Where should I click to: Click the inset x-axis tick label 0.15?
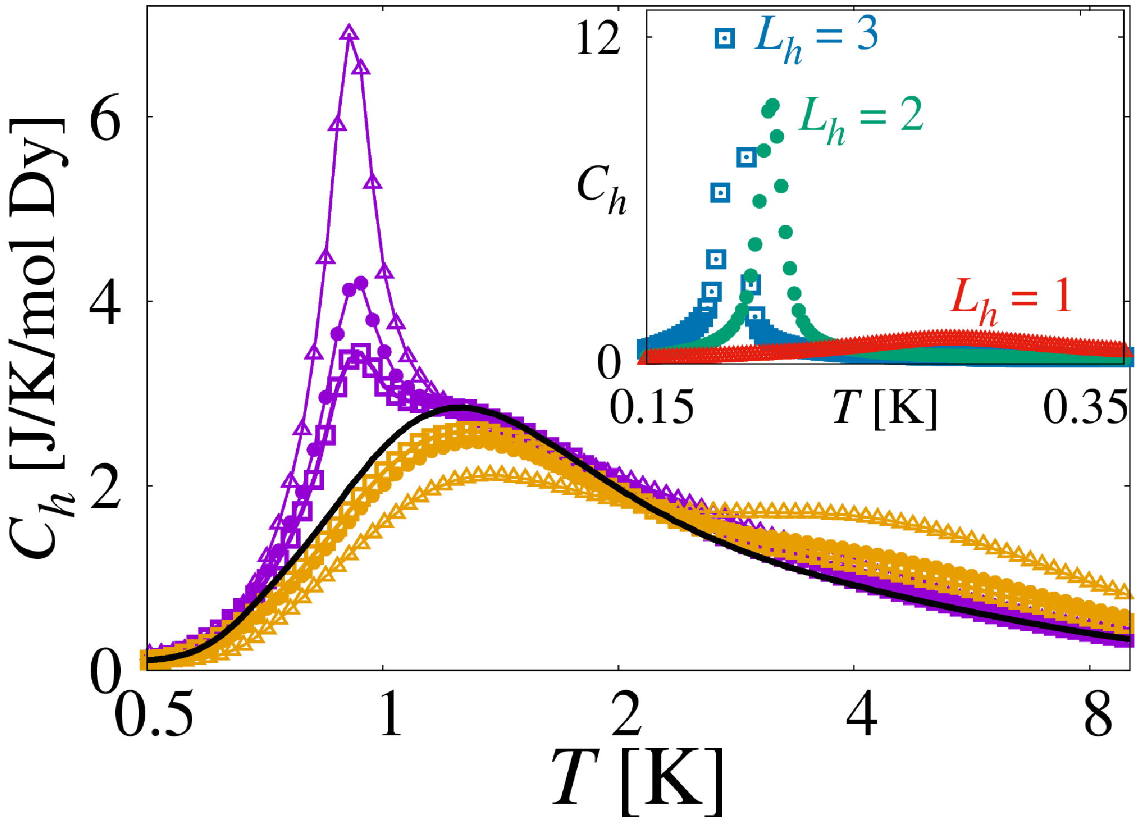pyautogui.click(x=652, y=407)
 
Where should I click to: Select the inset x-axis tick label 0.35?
pyautogui.click(x=1085, y=407)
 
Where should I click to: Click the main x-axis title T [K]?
pyautogui.click(x=637, y=781)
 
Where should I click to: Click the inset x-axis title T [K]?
pyautogui.click(x=885, y=409)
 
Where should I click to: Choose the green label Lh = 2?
pyautogui.click(x=861, y=119)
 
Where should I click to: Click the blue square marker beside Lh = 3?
pyautogui.click(x=725, y=38)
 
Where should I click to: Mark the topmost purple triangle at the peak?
pyautogui.click(x=349, y=33)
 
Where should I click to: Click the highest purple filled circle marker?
pyautogui.click(x=361, y=283)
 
